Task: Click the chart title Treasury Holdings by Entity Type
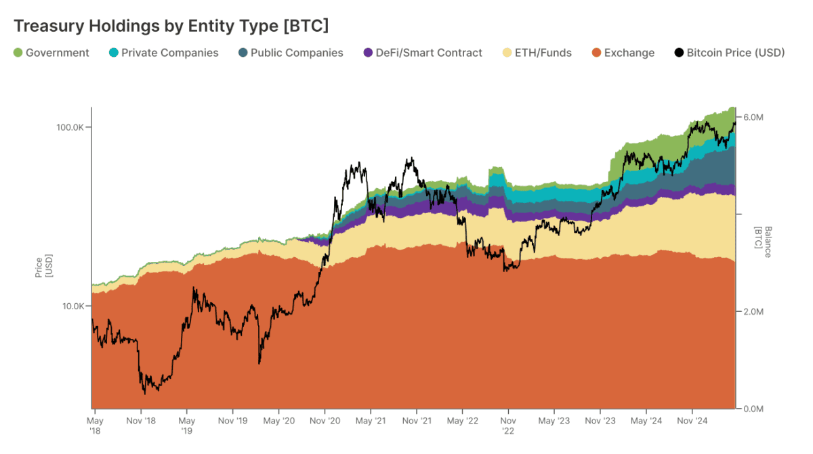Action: pyautogui.click(x=171, y=26)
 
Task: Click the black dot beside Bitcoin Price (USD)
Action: pyautogui.click(x=680, y=53)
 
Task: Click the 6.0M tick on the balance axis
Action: pyautogui.click(x=753, y=117)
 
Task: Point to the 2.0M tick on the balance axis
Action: pyautogui.click(x=753, y=311)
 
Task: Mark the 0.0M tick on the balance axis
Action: pyautogui.click(x=753, y=409)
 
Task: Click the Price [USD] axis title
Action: pyautogui.click(x=43, y=266)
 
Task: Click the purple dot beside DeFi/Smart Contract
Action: pyautogui.click(x=368, y=53)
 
